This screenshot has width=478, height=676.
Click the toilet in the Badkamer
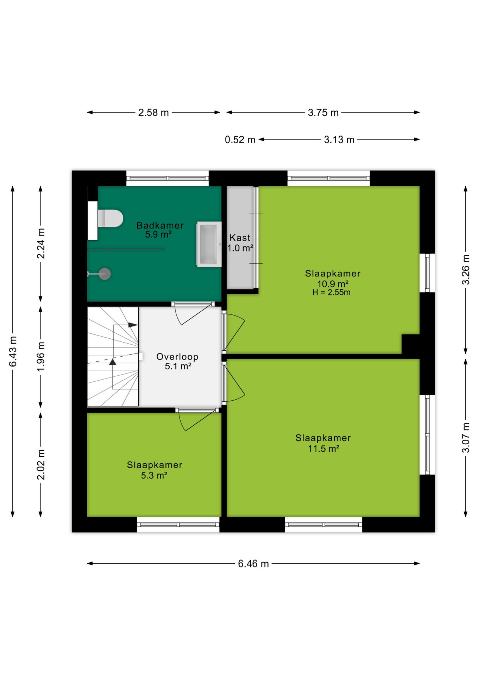pyautogui.click(x=110, y=218)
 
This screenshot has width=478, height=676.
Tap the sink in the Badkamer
pyautogui.click(x=209, y=244)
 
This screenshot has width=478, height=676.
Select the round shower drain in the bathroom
pyautogui.click(x=105, y=274)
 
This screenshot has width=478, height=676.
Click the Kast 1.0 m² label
pyautogui.click(x=240, y=243)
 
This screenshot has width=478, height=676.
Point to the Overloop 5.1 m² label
pyautogui.click(x=177, y=361)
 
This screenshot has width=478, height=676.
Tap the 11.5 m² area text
pyautogui.click(x=323, y=449)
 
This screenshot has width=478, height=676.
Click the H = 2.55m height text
pyautogui.click(x=331, y=292)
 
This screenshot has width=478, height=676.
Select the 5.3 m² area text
pyautogui.click(x=154, y=475)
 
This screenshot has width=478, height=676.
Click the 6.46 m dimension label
pyautogui.click(x=253, y=564)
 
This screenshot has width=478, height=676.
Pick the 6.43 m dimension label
pyautogui.click(x=13, y=351)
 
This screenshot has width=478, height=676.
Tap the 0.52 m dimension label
pyautogui.click(x=240, y=139)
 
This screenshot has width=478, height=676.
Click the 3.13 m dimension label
pyautogui.click(x=339, y=139)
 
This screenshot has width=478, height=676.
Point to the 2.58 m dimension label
pyautogui.click(x=153, y=112)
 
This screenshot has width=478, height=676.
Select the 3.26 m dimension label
pyautogui.click(x=466, y=269)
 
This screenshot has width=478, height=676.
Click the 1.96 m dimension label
pyautogui.click(x=41, y=356)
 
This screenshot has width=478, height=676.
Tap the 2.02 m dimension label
pyautogui.click(x=41, y=464)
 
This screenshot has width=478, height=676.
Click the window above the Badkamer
pyautogui.click(x=168, y=178)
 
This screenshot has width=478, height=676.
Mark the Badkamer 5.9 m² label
pyautogui.click(x=160, y=230)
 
